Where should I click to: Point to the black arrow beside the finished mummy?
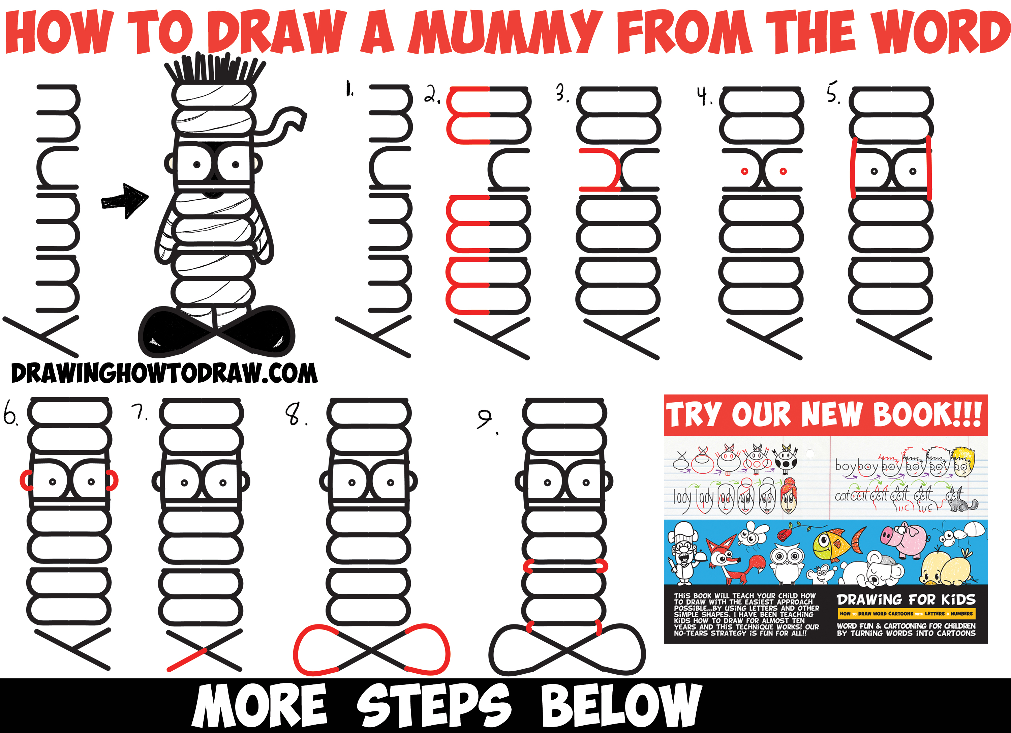pos(125,200)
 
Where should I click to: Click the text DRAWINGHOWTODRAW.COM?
pos(164,374)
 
